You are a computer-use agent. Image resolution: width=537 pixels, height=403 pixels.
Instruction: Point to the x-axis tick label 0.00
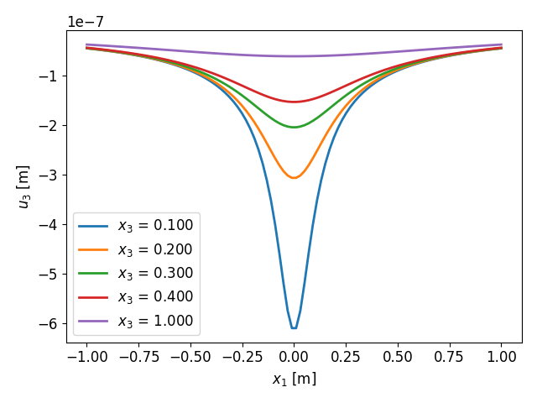point(294,356)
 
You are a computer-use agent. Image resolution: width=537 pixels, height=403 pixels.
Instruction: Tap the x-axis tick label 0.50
point(398,356)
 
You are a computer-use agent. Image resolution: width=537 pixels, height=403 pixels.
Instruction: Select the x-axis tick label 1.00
point(502,356)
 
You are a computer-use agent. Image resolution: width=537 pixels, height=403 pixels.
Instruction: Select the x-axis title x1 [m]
point(294,379)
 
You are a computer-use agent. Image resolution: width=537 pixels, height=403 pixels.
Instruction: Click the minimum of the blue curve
point(294,327)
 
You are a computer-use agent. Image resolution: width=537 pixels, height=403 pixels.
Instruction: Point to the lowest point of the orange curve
point(294,177)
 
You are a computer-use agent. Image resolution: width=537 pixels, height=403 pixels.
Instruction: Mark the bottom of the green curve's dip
point(294,127)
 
